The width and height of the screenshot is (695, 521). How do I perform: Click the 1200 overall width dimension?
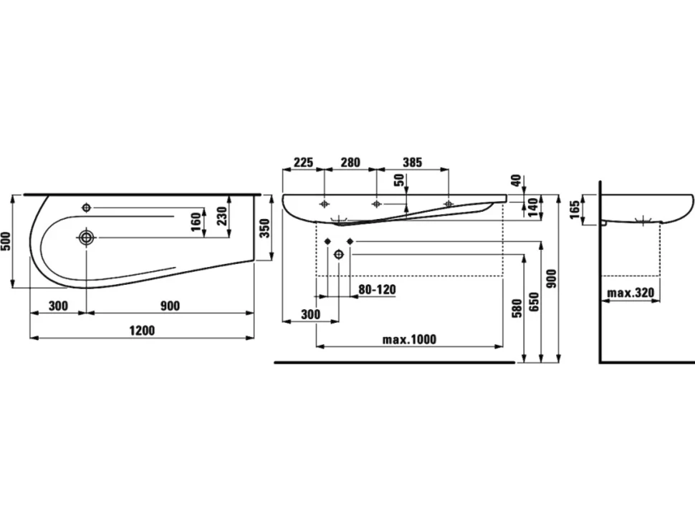click(142, 330)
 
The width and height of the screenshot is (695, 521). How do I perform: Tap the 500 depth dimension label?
click(6, 241)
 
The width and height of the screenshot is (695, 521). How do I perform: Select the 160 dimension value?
click(196, 222)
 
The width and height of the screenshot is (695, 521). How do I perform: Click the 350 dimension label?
click(264, 228)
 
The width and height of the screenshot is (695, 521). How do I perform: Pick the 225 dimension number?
click(304, 162)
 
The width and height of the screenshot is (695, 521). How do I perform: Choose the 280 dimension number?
click(350, 162)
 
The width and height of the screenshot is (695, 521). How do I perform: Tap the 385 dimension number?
click(412, 162)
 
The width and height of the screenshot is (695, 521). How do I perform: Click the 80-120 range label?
click(377, 290)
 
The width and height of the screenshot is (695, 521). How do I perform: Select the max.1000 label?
click(409, 339)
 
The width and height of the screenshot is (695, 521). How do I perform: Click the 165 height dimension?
click(575, 210)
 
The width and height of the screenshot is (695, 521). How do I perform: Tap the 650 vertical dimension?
click(534, 302)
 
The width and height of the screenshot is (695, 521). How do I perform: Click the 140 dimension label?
click(533, 208)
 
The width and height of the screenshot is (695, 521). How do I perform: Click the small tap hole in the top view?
click(87, 207)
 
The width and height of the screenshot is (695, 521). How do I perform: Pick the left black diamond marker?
click(327, 240)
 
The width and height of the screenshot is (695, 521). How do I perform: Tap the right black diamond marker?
click(350, 240)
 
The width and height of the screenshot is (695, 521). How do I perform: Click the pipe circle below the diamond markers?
click(339, 254)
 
